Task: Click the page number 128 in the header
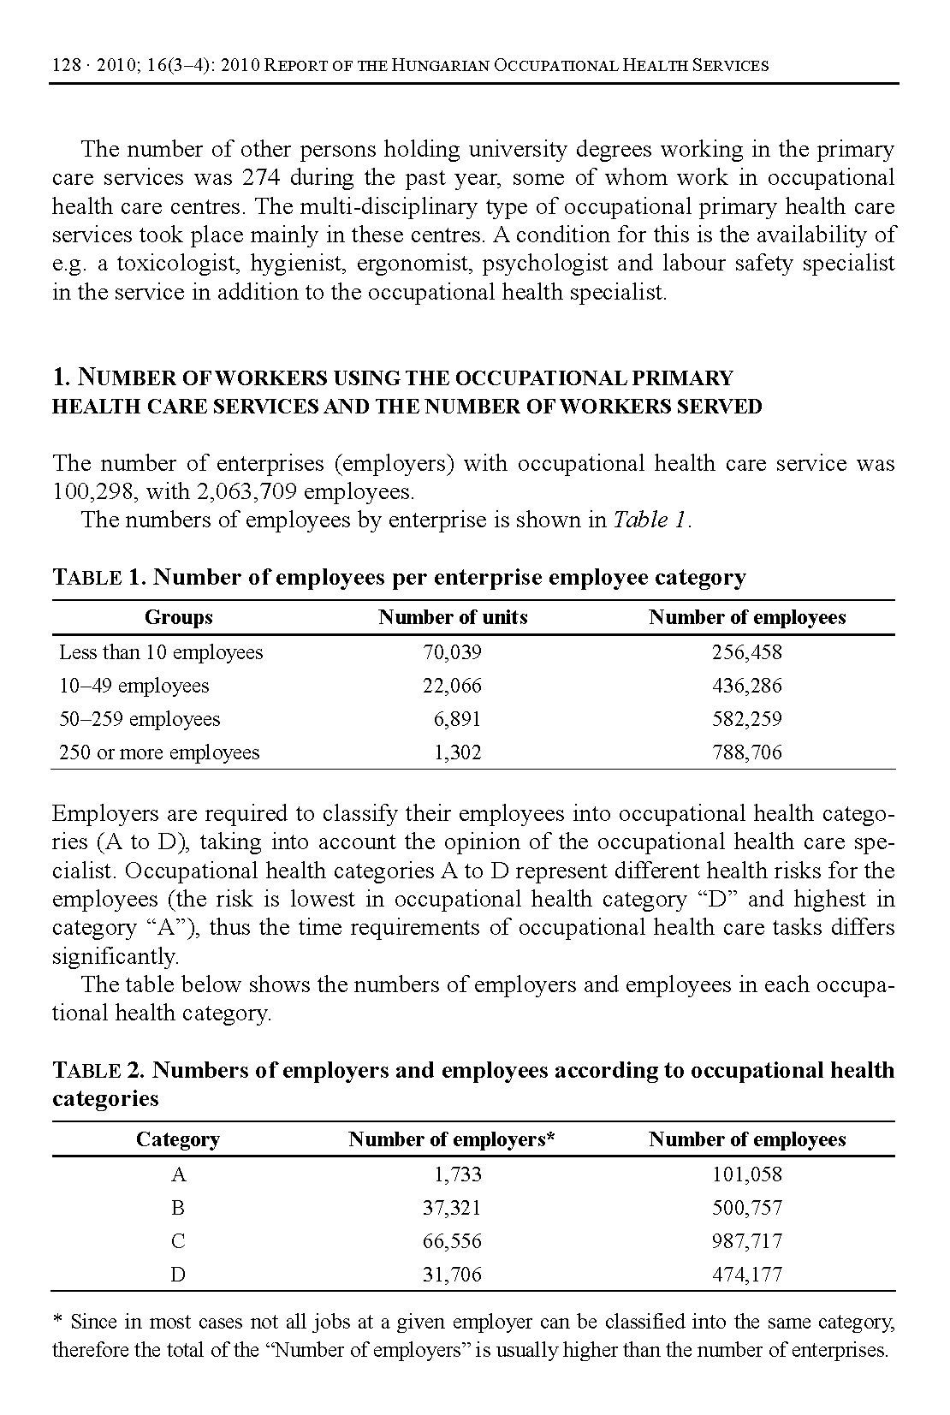coord(66,66)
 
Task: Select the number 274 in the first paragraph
coord(260,178)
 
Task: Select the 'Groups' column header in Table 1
coord(178,618)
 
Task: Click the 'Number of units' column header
coord(453,618)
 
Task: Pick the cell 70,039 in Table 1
coord(452,653)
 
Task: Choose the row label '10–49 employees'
coord(134,687)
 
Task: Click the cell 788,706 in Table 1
coord(746,753)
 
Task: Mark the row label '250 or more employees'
coord(158,753)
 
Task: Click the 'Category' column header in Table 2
coord(178,1140)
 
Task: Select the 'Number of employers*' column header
coord(452,1140)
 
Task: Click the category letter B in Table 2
coord(178,1209)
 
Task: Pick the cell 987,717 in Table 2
coord(746,1242)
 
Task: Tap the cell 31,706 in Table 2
coord(452,1275)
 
